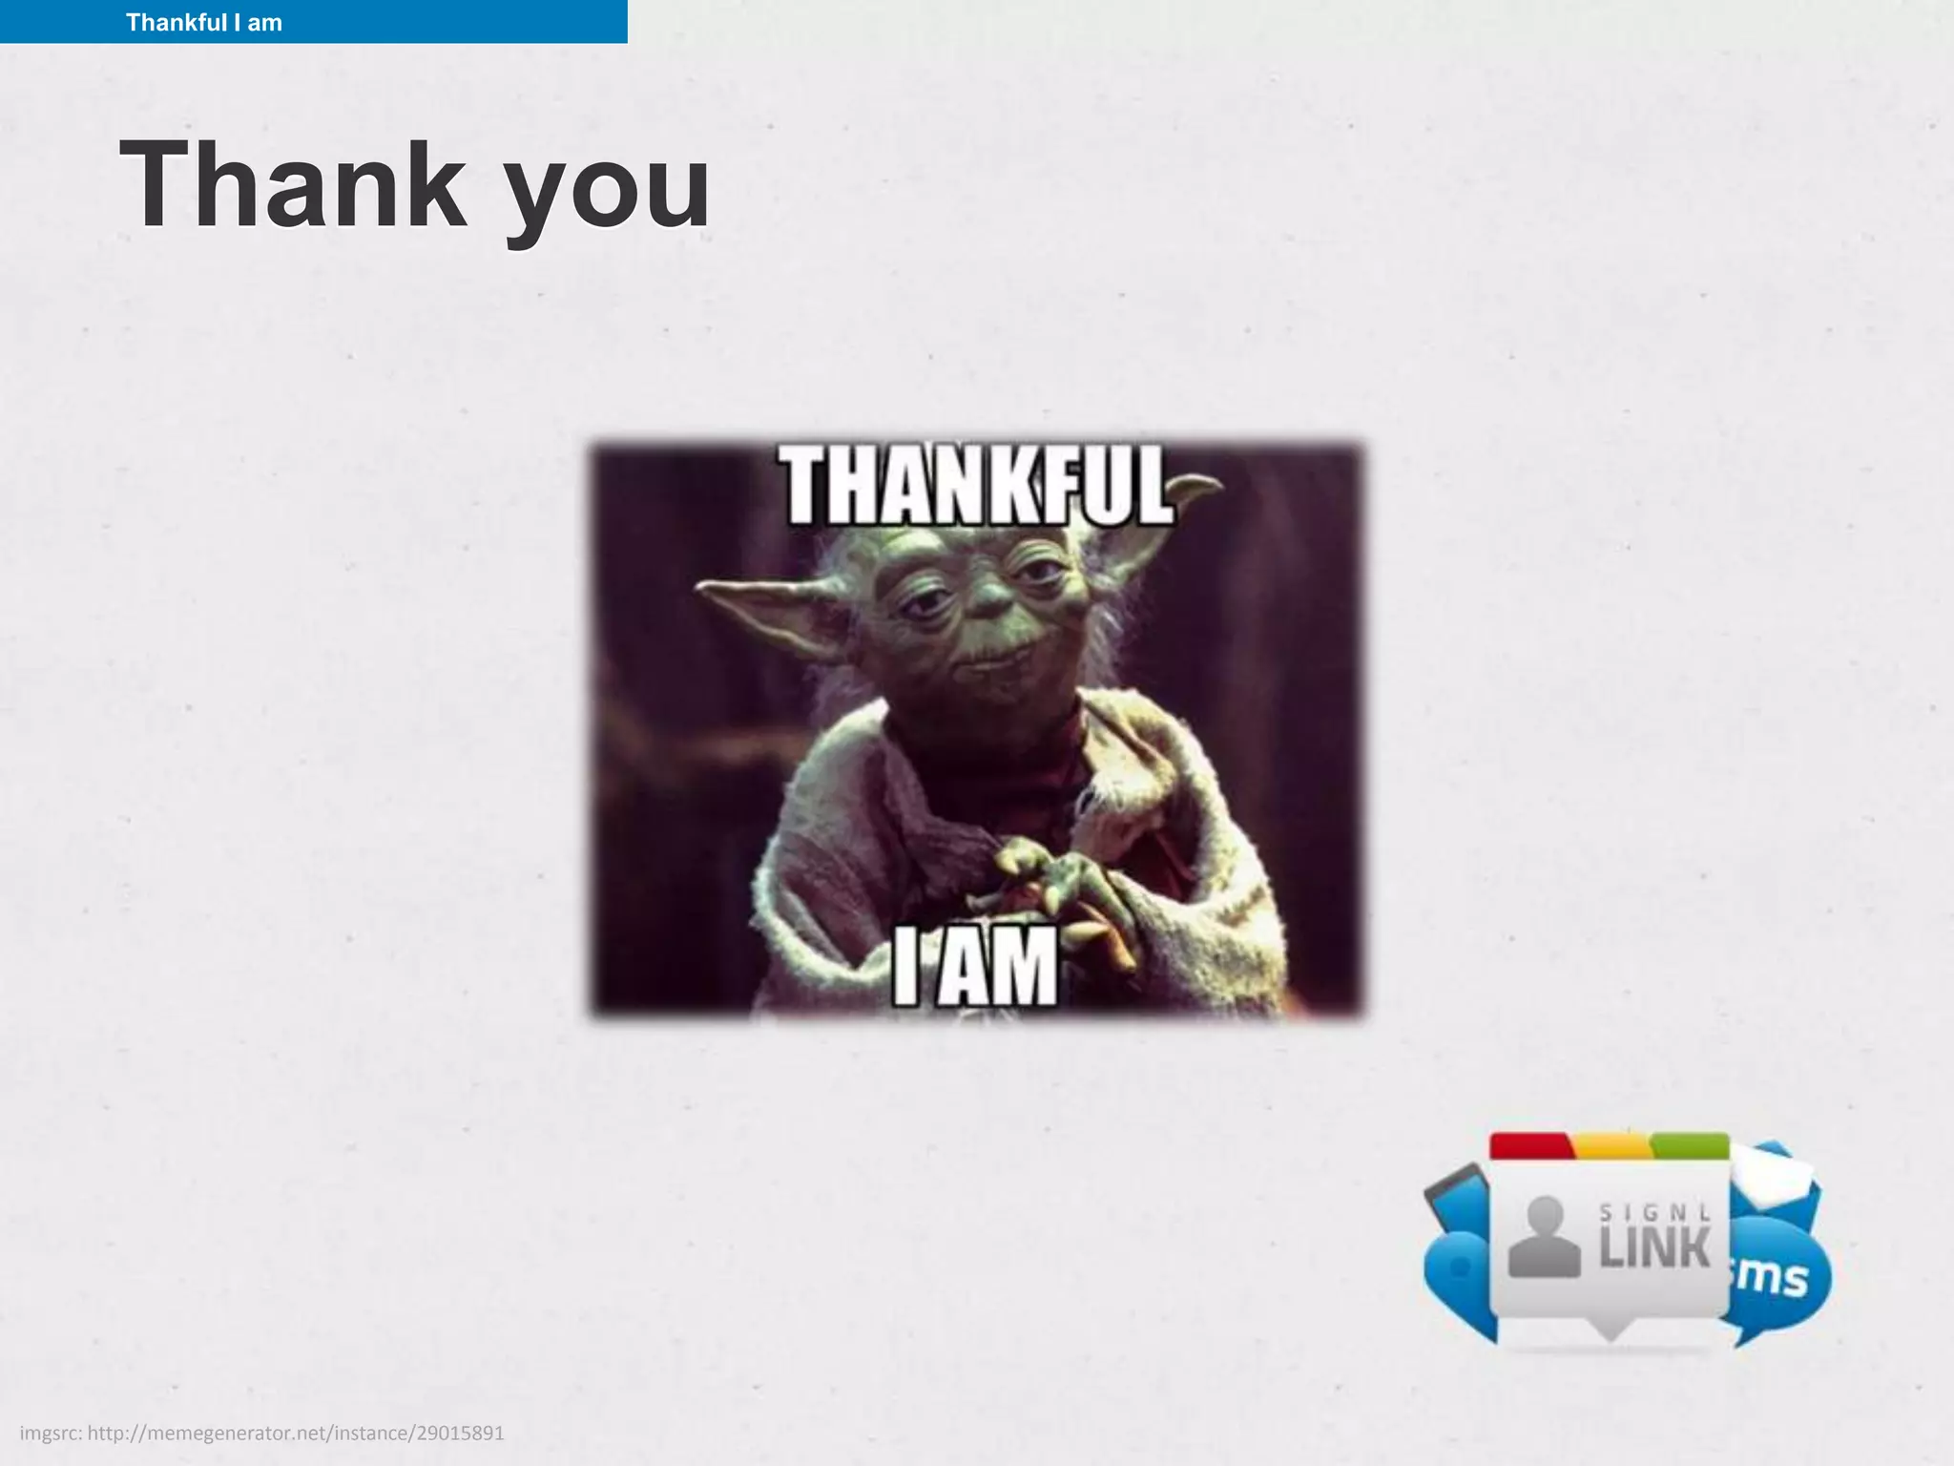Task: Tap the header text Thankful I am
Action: pyautogui.click(x=204, y=22)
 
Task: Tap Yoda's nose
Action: pyautogui.click(x=992, y=597)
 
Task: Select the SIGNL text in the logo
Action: pyautogui.click(x=1654, y=1212)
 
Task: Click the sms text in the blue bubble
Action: pyautogui.click(x=1773, y=1277)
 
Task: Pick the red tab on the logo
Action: pyautogui.click(x=1530, y=1145)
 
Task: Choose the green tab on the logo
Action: pyautogui.click(x=1689, y=1145)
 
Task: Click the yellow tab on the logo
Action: pyautogui.click(x=1611, y=1145)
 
